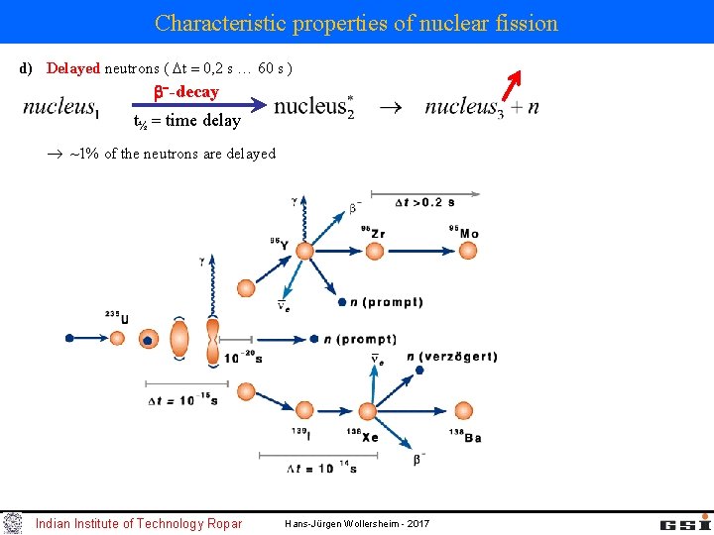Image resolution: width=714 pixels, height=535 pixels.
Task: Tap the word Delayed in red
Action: click(73, 68)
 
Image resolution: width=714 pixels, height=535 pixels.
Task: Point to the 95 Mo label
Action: click(463, 232)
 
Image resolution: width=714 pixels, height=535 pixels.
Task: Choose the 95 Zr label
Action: click(372, 232)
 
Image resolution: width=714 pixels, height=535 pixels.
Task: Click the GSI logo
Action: click(685, 522)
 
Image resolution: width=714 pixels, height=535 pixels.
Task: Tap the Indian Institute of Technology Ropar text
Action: click(138, 523)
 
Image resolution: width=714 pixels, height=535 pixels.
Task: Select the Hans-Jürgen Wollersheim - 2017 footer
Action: click(356, 523)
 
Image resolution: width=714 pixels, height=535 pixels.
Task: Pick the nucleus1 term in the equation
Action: click(60, 108)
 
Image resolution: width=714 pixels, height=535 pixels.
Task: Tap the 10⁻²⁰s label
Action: click(243, 359)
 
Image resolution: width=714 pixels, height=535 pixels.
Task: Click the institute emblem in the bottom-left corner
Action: click(12, 523)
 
